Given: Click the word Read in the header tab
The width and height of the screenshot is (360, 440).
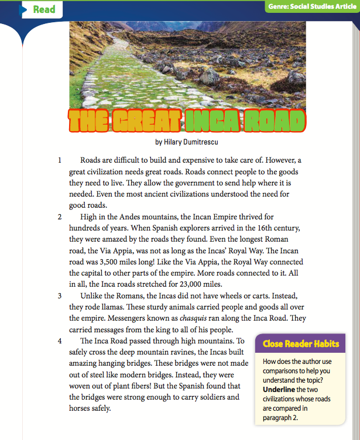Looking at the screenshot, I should [x=44, y=9].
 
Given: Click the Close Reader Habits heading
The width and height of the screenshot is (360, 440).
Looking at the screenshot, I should [x=300, y=343].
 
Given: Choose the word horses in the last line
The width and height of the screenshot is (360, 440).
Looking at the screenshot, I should [x=80, y=409].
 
